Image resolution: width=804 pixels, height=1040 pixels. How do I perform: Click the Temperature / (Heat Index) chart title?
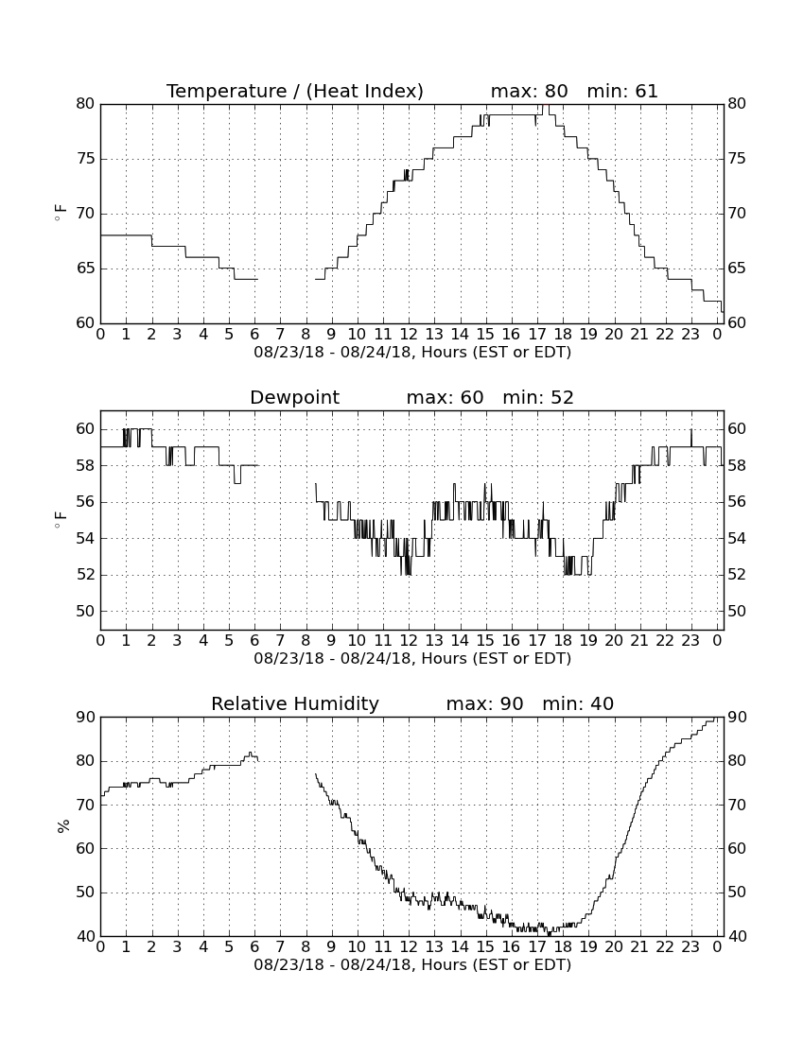tap(294, 91)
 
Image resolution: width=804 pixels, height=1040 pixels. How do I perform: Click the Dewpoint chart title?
tap(294, 397)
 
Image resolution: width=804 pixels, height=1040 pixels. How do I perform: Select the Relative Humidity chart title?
tap(294, 703)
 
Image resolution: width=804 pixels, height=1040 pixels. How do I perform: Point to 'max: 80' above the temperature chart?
tap(530, 91)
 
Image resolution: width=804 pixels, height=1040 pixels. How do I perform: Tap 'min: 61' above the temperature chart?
tap(622, 91)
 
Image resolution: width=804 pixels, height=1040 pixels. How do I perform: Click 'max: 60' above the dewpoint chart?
tap(446, 397)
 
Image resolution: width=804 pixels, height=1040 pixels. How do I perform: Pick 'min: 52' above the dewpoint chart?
tap(538, 397)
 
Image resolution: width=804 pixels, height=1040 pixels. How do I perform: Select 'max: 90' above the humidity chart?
tap(485, 703)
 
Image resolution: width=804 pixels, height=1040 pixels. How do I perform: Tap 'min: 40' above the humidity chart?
tap(578, 703)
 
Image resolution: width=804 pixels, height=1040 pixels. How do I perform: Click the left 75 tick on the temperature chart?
tap(85, 159)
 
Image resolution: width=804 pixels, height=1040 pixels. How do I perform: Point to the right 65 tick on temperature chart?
tap(736, 268)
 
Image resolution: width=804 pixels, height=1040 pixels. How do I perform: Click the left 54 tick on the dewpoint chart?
tap(85, 538)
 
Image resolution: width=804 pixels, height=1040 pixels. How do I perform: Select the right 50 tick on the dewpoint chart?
tap(736, 611)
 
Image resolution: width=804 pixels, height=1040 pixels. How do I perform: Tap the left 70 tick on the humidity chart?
tap(85, 805)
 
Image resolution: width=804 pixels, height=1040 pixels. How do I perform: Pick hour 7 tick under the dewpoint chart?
tap(281, 641)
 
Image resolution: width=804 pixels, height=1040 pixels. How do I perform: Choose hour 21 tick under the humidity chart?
tap(639, 947)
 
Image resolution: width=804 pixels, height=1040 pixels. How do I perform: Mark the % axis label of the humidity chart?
tap(63, 826)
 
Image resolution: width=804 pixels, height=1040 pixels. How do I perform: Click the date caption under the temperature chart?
tap(412, 353)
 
